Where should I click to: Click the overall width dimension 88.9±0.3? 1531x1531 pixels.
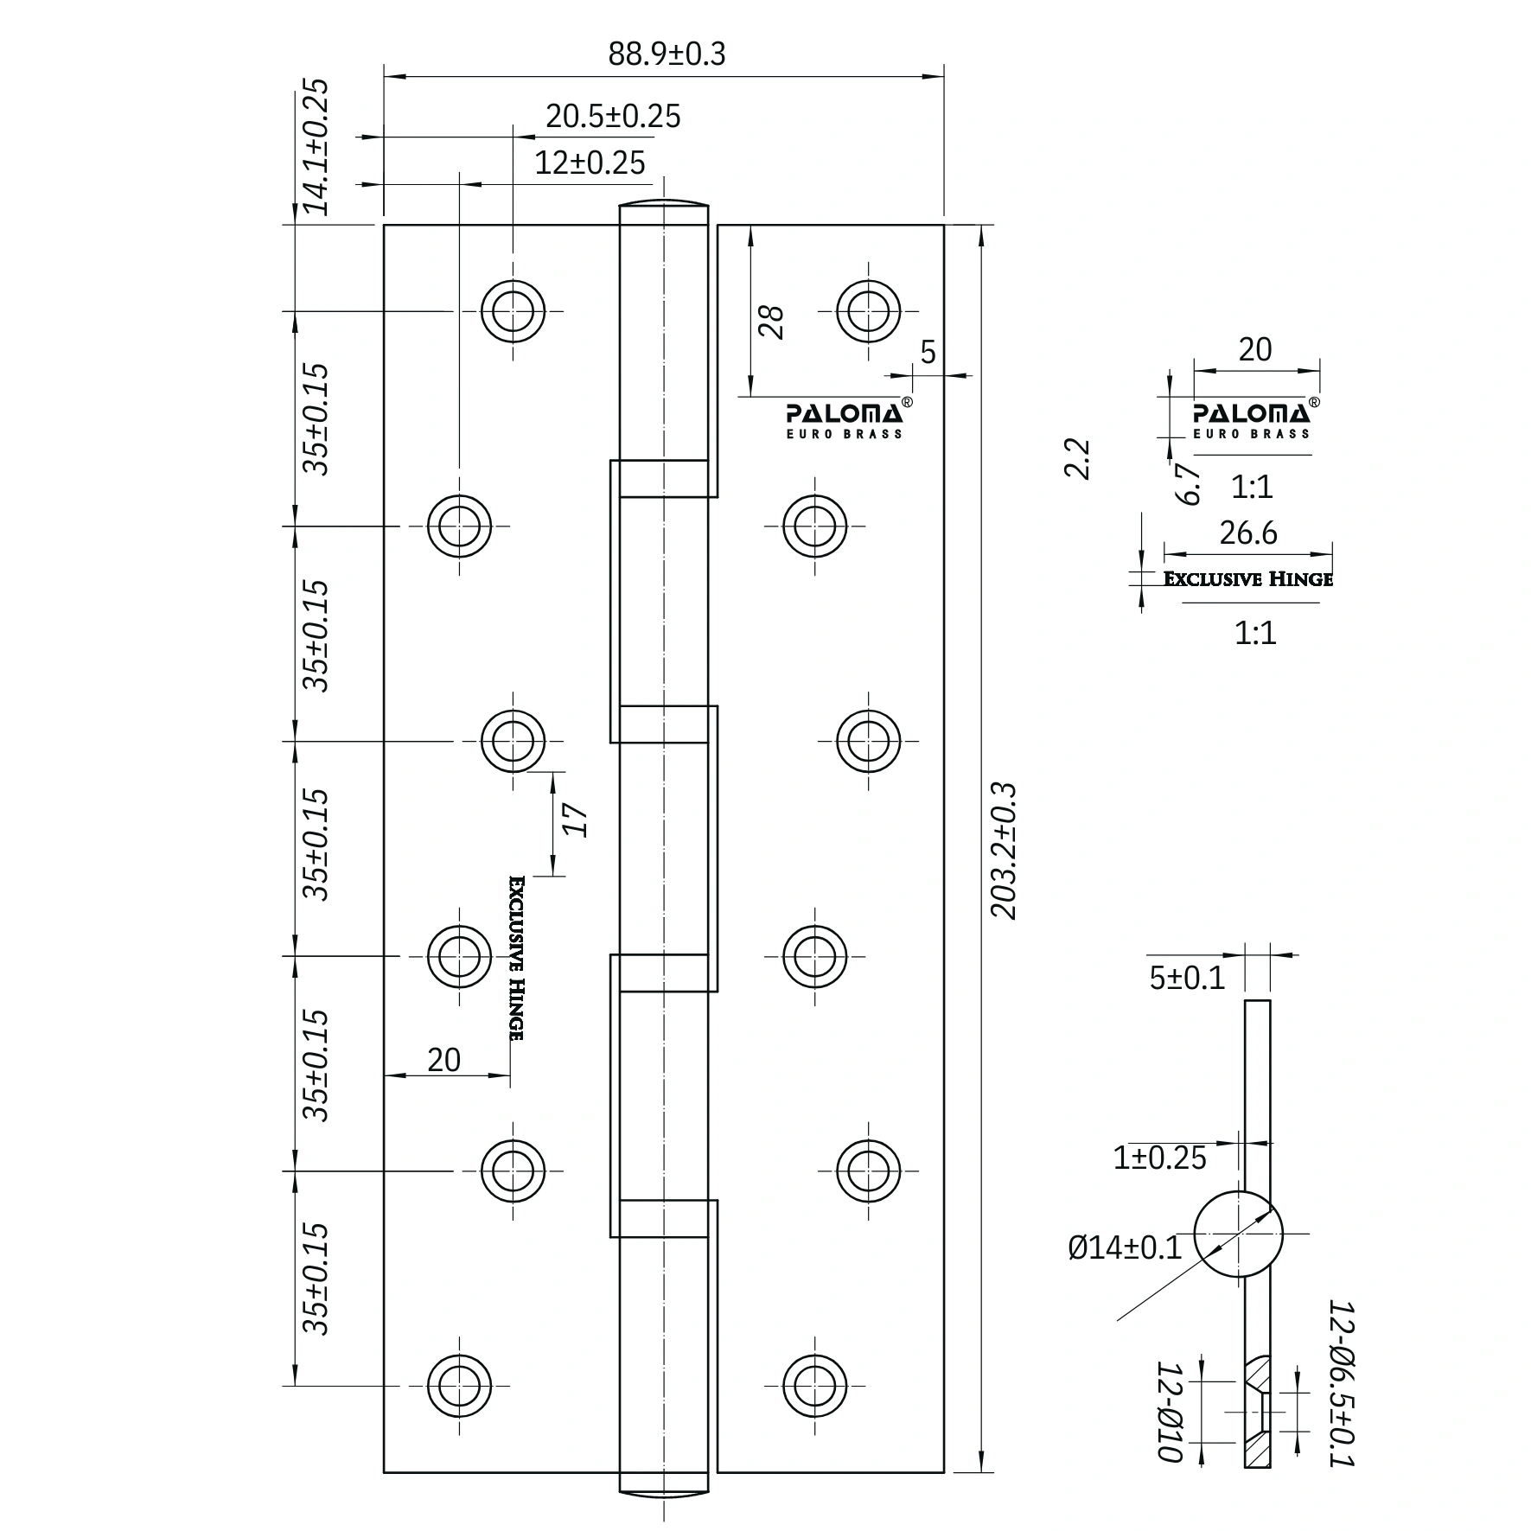click(667, 54)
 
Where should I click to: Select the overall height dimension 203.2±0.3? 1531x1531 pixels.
click(1004, 851)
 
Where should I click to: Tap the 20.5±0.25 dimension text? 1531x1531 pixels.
click(613, 117)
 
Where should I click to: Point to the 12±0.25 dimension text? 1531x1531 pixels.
click(590, 163)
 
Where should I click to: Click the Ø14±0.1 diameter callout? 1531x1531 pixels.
click(1125, 1247)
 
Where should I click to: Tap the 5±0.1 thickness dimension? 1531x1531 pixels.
click(1187, 978)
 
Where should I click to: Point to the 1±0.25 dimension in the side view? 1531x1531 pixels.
click(1159, 1158)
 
